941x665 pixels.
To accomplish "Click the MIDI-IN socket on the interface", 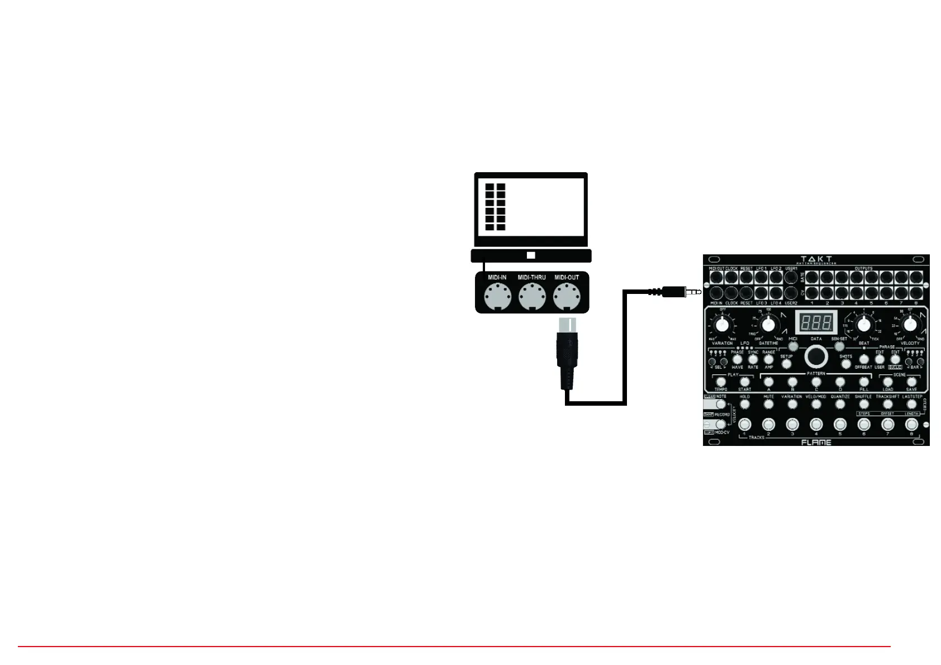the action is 497,297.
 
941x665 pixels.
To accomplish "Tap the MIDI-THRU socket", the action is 531,297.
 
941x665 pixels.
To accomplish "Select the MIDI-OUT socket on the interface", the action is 567,297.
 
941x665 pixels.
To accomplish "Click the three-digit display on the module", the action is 816,322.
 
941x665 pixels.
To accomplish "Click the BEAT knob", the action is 864,324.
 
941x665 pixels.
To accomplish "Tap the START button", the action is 744,382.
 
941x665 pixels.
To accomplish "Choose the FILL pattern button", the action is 864,382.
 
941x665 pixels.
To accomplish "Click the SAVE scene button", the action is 911,382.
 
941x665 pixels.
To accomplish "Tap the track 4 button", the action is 816,425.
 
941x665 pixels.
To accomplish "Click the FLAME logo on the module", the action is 816,442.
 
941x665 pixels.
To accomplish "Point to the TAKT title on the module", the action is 816,259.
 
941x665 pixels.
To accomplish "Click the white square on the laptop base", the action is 531,255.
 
